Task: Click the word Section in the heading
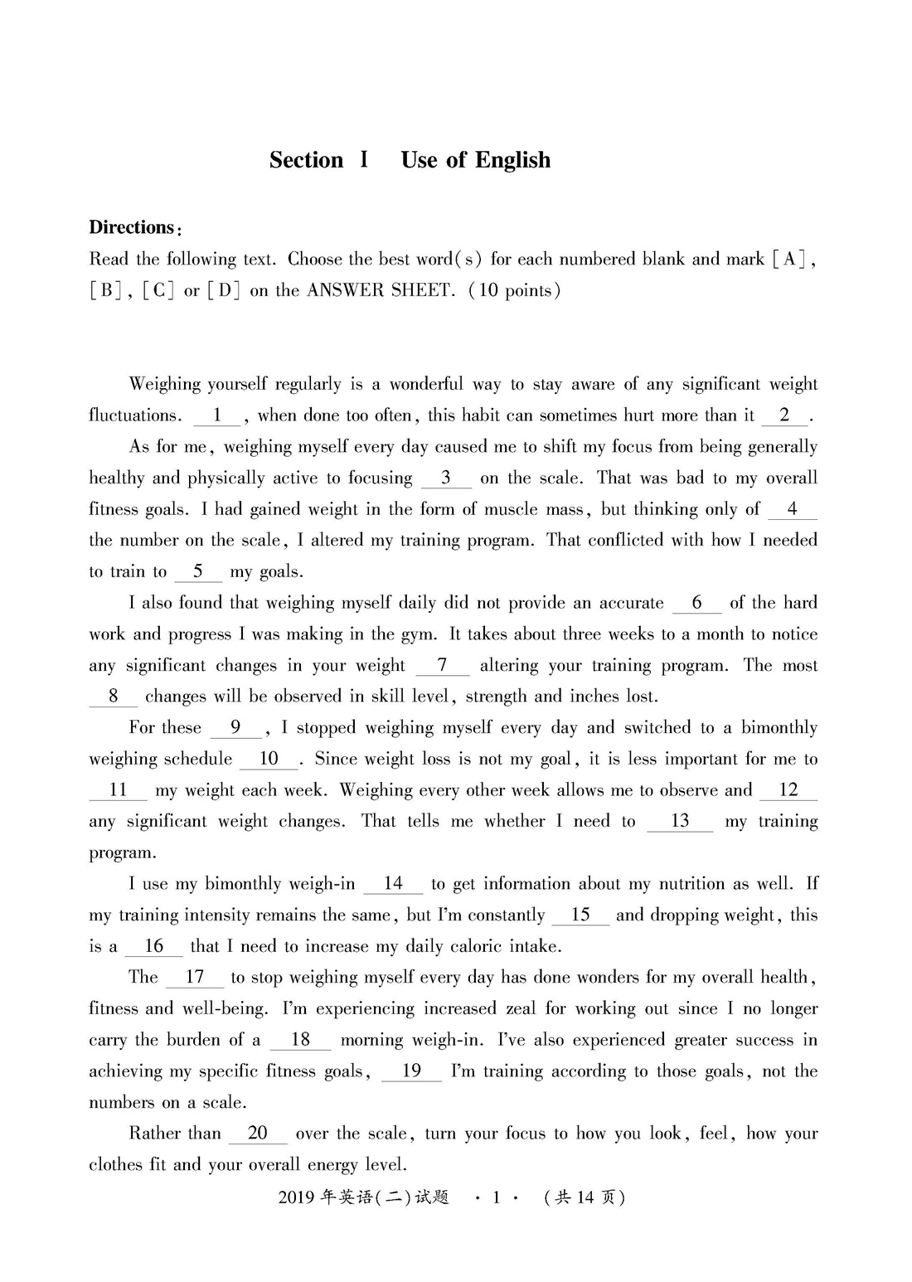pos(306,160)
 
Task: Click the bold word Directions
pos(131,228)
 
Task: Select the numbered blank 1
pos(216,415)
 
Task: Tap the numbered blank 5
pos(197,571)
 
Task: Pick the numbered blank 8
pos(114,697)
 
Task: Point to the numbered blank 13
pos(680,821)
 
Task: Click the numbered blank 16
pos(153,946)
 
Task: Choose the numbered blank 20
pos(257,1134)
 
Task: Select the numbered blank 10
pos(269,759)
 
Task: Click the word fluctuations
pos(134,415)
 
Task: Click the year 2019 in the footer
pos(297,1197)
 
